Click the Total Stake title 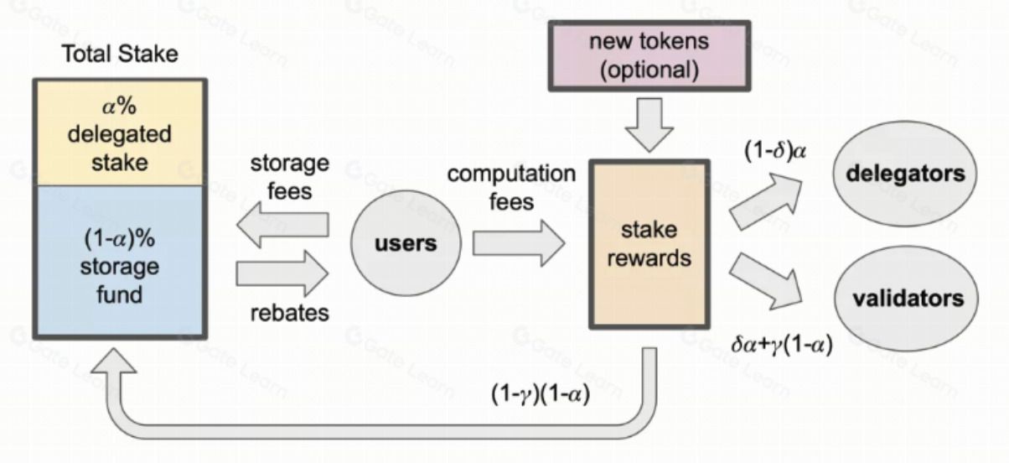119,55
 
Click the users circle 406,244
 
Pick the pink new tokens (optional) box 649,55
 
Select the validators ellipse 908,299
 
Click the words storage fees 289,177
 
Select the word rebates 289,314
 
